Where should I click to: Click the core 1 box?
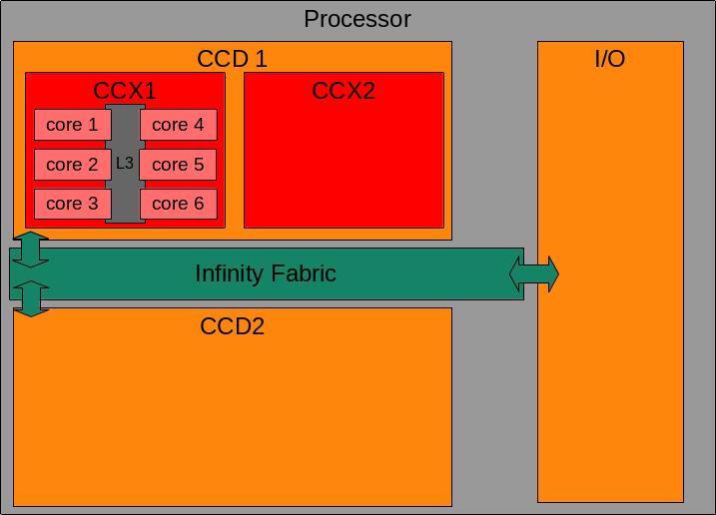tap(72, 125)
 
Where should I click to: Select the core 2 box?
tap(72, 165)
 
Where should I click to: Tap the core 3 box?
tap(72, 204)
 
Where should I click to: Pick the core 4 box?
tap(178, 125)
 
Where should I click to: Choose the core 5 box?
tap(178, 165)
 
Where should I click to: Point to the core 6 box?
tap(178, 204)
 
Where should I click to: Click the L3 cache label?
tap(125, 163)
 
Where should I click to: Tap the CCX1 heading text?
tap(125, 91)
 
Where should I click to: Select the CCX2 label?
tap(344, 91)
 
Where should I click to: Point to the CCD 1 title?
tap(233, 59)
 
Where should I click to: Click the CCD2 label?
tap(233, 326)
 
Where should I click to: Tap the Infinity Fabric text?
tap(266, 273)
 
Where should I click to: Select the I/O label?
tap(609, 59)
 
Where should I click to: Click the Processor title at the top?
tap(357, 19)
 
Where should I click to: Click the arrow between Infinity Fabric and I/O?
tap(534, 273)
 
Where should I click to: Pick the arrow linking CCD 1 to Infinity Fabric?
tap(31, 250)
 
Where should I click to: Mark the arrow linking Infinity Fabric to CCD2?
tap(31, 298)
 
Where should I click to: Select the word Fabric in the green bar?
tap(302, 273)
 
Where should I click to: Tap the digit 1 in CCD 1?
tap(261, 59)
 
